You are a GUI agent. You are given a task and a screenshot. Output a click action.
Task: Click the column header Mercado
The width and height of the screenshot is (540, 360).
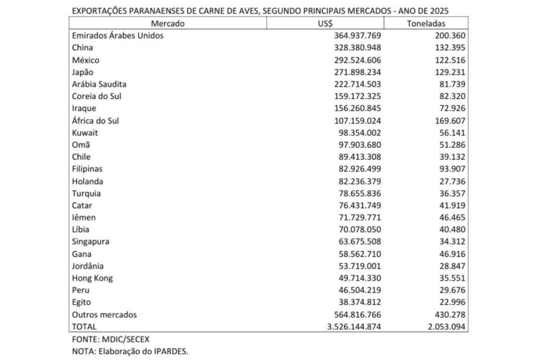[168, 24]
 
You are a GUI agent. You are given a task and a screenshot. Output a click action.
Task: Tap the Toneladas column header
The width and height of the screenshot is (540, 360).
[426, 24]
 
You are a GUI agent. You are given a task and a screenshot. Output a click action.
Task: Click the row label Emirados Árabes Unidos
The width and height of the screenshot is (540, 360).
[118, 36]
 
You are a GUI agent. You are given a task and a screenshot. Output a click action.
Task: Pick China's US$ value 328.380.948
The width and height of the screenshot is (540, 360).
[357, 48]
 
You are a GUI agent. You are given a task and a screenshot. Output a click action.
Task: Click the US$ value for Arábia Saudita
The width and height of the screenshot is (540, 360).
[357, 84]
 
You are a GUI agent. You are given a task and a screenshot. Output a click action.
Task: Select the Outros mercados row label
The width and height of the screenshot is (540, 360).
[104, 315]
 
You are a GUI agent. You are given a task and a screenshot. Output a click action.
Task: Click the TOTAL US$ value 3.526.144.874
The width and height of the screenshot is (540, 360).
[353, 327]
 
